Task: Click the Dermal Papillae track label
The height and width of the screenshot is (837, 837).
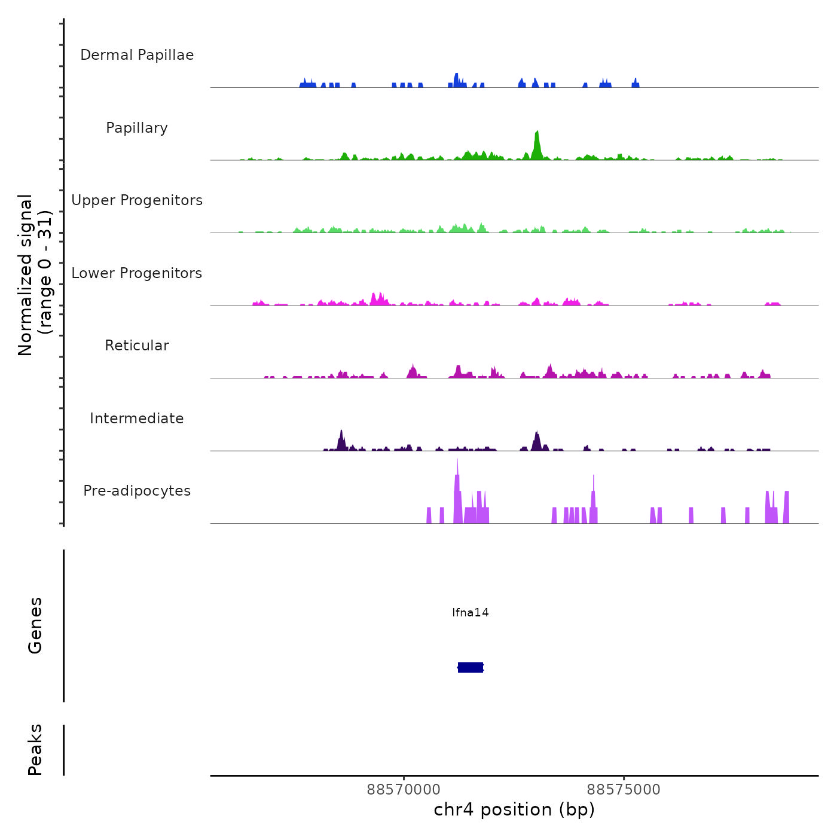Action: point(137,55)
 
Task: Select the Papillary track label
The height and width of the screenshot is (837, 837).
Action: point(137,128)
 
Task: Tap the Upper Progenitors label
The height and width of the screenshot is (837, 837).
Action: point(137,200)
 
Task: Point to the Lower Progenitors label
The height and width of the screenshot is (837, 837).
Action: point(137,273)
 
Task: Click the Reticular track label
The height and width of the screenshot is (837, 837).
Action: point(137,346)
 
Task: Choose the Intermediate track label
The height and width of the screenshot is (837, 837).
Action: point(137,418)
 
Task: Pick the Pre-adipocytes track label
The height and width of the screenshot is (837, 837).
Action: point(137,491)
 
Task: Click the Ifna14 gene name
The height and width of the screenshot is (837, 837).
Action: point(471,612)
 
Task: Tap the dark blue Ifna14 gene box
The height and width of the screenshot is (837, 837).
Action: point(471,667)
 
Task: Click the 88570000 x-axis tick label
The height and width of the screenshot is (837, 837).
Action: point(404,789)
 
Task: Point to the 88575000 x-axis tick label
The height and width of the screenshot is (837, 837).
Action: point(624,789)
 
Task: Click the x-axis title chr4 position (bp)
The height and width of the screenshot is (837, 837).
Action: point(514,809)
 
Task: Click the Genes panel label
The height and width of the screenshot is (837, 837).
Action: point(35,625)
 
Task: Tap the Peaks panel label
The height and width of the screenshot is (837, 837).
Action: point(35,750)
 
